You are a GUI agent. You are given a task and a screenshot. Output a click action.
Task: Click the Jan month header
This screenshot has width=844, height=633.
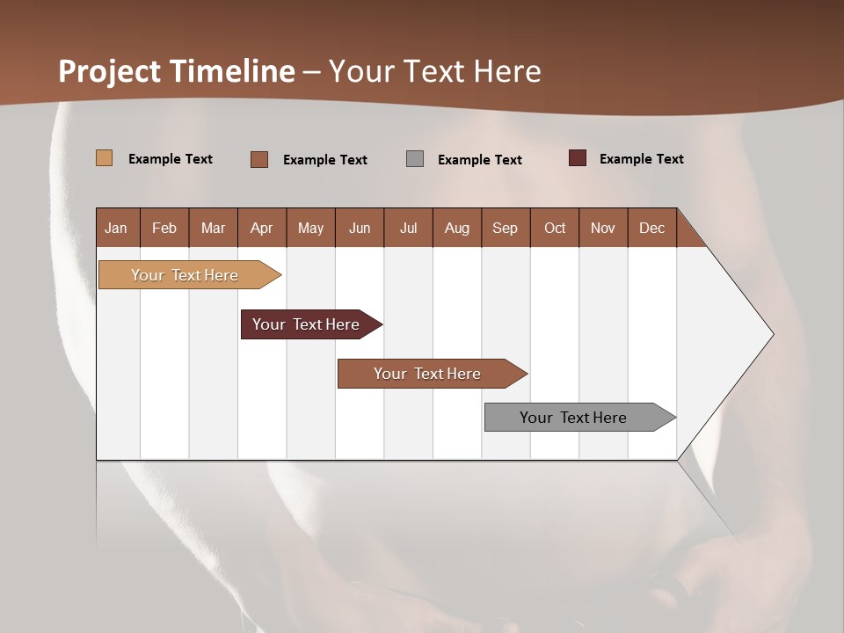(x=116, y=228)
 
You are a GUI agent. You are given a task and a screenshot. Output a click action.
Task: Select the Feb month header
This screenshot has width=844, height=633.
(x=164, y=228)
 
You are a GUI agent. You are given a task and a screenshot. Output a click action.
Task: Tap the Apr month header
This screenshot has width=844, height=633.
(x=262, y=228)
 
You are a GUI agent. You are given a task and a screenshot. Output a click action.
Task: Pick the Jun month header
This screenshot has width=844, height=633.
(x=360, y=228)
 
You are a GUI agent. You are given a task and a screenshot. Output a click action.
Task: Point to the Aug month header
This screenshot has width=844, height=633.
(x=457, y=228)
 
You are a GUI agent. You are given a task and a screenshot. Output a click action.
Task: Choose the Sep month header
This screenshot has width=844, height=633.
(x=505, y=228)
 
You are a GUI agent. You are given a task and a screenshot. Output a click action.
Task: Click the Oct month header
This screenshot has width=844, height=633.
(x=555, y=228)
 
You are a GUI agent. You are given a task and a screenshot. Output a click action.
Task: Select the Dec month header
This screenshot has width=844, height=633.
(x=651, y=228)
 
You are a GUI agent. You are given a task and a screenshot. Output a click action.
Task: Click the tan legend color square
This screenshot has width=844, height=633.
(x=105, y=158)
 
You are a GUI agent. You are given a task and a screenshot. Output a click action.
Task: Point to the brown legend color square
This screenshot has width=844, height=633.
(x=259, y=159)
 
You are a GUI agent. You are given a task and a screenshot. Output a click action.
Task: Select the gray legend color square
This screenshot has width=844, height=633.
(x=415, y=158)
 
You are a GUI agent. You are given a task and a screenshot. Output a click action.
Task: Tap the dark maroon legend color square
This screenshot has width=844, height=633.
(x=578, y=158)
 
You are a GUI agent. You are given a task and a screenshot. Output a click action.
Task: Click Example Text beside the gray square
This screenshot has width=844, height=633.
(x=479, y=160)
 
